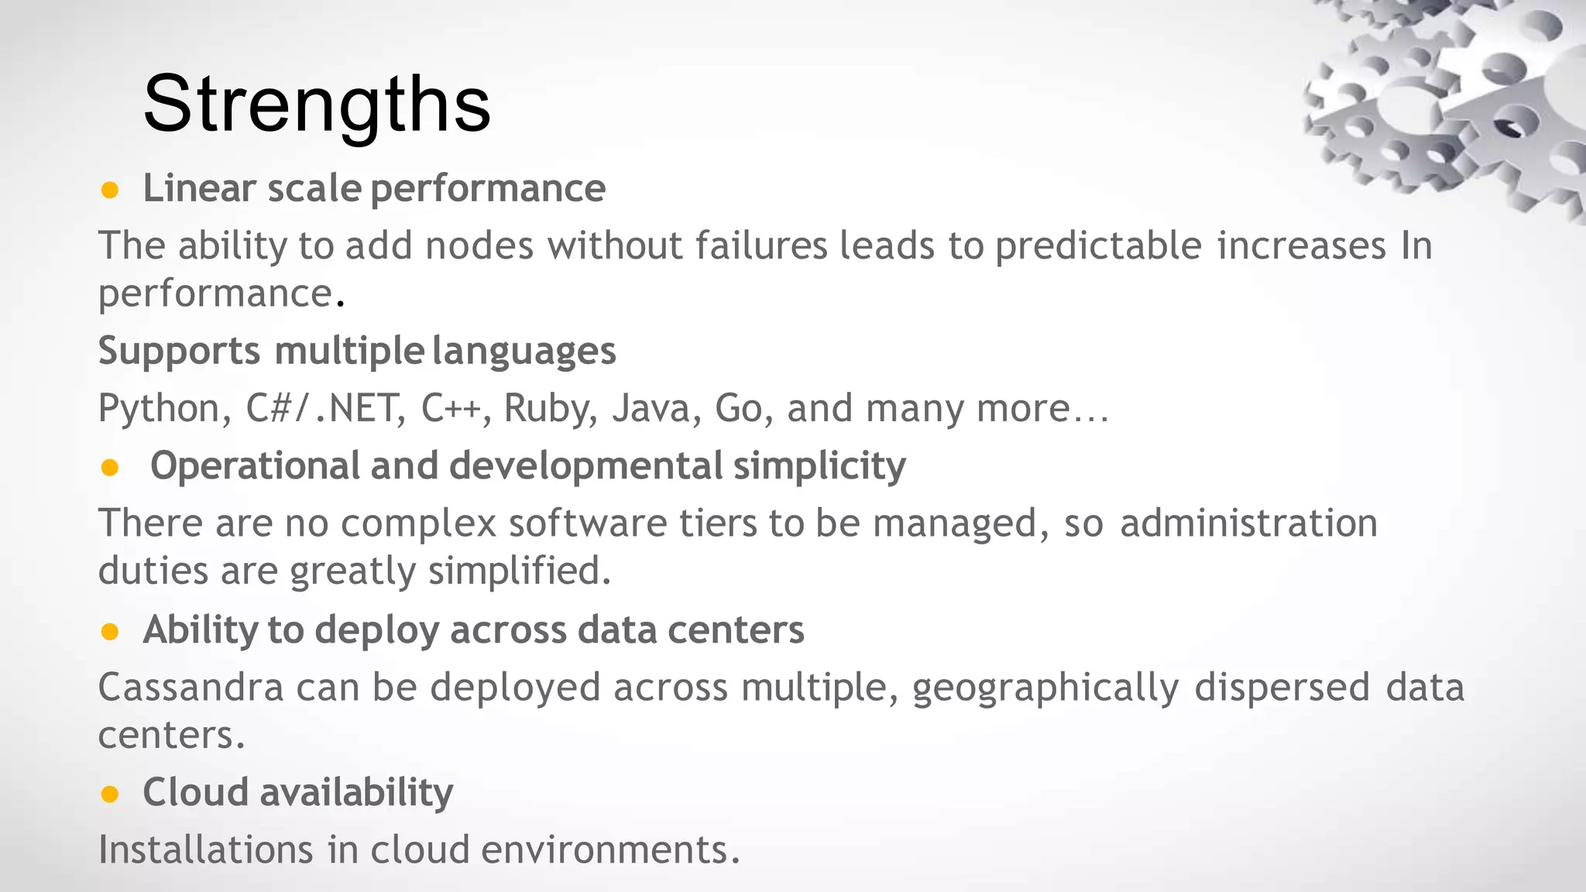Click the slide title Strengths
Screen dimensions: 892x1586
click(x=317, y=104)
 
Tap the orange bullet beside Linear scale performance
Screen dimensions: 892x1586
click(x=110, y=190)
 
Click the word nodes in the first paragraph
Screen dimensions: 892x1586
click(x=479, y=246)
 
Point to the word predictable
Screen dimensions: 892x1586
click(x=1098, y=246)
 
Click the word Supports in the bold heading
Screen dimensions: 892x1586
click(x=179, y=351)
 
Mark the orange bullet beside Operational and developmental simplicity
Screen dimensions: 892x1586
click(x=110, y=467)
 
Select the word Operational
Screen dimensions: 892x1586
click(x=255, y=466)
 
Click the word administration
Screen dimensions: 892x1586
click(x=1248, y=523)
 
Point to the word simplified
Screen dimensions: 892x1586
click(x=519, y=571)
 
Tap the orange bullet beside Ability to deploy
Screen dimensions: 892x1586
click(x=110, y=632)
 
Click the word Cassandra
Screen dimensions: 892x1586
click(x=191, y=687)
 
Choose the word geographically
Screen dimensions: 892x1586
click(x=1045, y=688)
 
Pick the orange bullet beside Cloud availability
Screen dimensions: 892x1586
click(x=110, y=794)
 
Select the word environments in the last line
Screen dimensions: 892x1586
click(x=610, y=849)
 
